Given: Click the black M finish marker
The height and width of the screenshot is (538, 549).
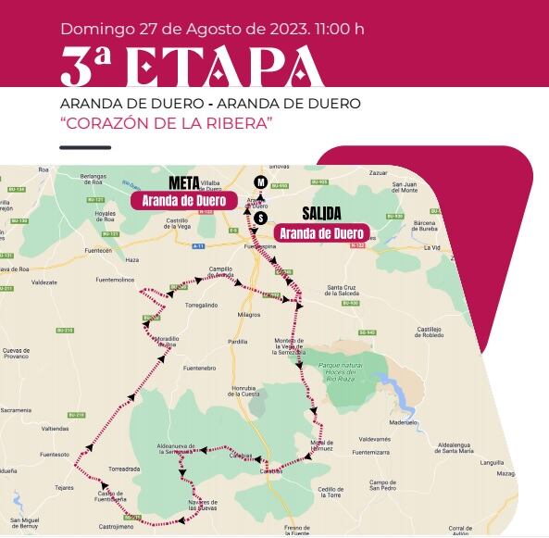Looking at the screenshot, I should (x=261, y=181).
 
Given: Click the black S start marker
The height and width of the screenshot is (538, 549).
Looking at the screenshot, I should (x=262, y=218).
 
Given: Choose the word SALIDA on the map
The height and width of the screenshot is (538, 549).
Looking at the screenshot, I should (x=321, y=213).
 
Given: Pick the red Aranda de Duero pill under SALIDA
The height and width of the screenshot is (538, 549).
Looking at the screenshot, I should (x=321, y=232).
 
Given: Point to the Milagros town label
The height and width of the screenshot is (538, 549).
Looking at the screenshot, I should (x=248, y=314).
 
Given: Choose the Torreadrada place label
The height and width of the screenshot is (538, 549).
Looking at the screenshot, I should (x=124, y=469).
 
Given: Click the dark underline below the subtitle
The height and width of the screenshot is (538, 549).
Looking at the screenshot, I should (x=91, y=146).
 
